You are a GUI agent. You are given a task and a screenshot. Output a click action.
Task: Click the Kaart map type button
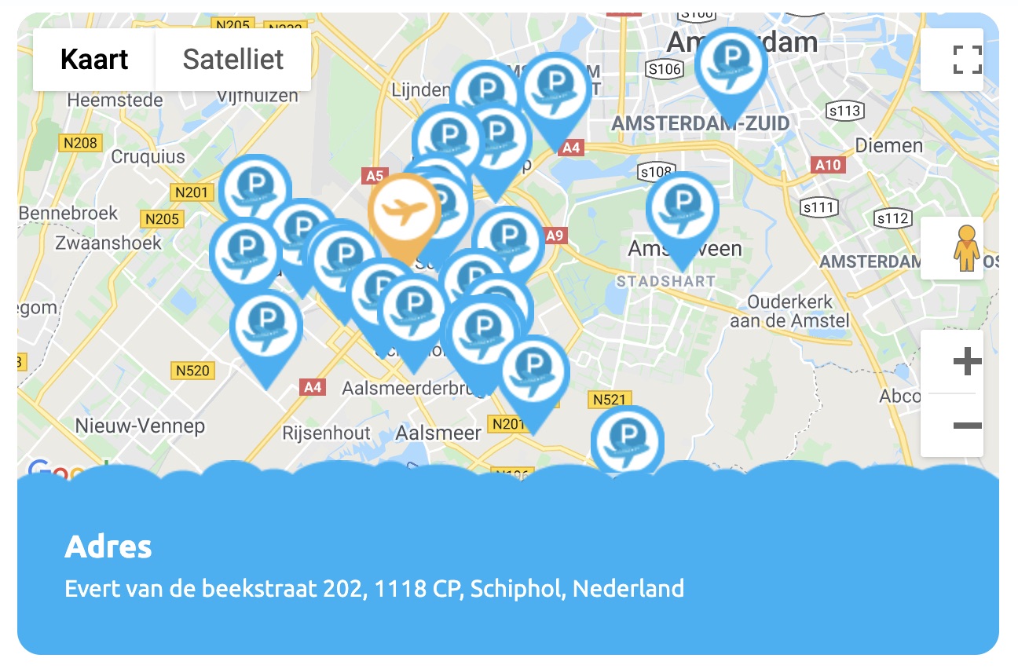(94, 60)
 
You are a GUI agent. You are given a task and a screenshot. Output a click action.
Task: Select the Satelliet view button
(233, 60)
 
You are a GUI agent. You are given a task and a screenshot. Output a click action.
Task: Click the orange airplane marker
(405, 212)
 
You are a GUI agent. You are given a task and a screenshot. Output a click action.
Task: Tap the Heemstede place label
(115, 101)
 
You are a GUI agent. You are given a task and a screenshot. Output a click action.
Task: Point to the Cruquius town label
(148, 157)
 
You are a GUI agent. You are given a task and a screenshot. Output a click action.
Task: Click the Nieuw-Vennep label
(140, 426)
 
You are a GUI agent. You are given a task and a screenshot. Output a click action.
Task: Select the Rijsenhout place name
(326, 433)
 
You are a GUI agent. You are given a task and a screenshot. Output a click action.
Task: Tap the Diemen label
(888, 145)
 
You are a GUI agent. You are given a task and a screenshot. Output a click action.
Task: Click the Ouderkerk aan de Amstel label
(789, 311)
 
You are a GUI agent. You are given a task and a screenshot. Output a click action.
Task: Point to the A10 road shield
(828, 165)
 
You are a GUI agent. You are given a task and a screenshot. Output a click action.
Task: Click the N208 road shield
(80, 142)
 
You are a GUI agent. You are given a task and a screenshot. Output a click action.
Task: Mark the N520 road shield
(192, 370)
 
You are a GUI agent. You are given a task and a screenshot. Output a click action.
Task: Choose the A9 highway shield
(555, 235)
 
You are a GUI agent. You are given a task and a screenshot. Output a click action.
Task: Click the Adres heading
(108, 547)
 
